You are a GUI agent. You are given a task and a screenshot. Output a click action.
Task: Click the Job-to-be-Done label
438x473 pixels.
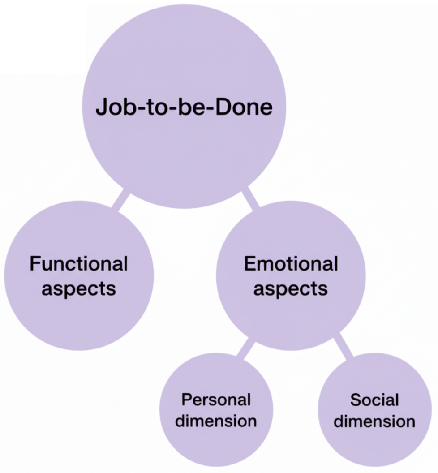point(184,108)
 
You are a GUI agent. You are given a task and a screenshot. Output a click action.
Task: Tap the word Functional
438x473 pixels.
point(79,264)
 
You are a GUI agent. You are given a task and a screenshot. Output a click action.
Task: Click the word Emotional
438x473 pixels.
point(291,264)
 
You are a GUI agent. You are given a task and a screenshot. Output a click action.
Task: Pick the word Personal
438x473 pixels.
point(216,400)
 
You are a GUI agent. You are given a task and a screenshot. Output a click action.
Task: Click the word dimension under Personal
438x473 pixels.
point(216,421)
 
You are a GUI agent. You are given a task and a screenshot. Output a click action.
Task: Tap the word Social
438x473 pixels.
point(374,400)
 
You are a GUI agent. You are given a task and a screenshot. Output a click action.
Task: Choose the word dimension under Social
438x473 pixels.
point(374,421)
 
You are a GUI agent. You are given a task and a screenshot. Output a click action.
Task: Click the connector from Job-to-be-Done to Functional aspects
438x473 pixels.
point(120,201)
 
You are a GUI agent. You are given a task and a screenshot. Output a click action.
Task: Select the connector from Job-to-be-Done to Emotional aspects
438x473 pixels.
point(250,199)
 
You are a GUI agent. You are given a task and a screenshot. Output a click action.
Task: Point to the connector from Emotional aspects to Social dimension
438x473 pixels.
point(344,346)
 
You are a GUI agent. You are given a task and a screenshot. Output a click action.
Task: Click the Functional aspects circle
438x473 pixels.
point(79,314)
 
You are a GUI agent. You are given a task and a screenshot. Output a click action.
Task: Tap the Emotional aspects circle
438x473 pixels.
point(291,314)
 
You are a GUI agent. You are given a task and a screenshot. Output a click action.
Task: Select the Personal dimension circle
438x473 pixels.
point(216,443)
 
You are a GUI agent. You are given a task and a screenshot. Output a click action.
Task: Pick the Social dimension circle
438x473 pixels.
point(374,443)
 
